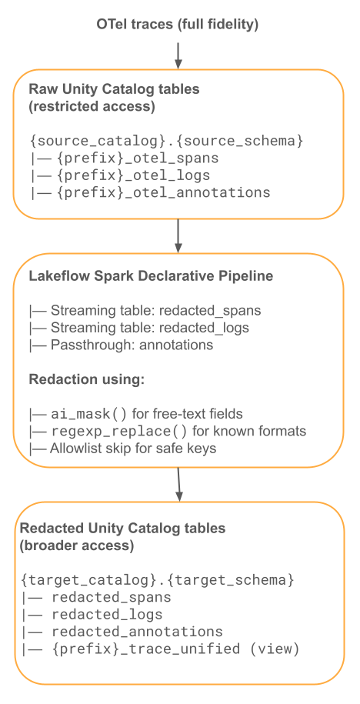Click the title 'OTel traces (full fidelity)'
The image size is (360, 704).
pos(177,25)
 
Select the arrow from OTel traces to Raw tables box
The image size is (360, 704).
pos(178,55)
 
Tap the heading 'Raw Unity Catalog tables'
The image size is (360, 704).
pos(114,89)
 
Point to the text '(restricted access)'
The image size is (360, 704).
pos(92,107)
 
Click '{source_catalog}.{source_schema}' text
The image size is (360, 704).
pos(166,141)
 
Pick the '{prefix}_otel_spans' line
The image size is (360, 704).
pos(124,158)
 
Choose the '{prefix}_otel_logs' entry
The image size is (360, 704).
pos(119,175)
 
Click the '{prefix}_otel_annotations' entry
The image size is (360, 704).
pos(150,192)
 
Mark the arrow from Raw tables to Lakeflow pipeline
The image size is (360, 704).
pos(178,236)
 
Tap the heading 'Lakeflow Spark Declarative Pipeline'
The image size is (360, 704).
pos(151,275)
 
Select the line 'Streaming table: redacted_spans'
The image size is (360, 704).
pos(145,310)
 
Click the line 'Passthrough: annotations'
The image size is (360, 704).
pos(121,345)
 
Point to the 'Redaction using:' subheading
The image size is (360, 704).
pos(87,379)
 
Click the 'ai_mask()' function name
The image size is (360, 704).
pos(89,414)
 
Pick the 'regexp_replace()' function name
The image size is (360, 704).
pos(119,432)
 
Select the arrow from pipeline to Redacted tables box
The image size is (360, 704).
pos(178,485)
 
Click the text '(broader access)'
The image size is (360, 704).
pos(77,546)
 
